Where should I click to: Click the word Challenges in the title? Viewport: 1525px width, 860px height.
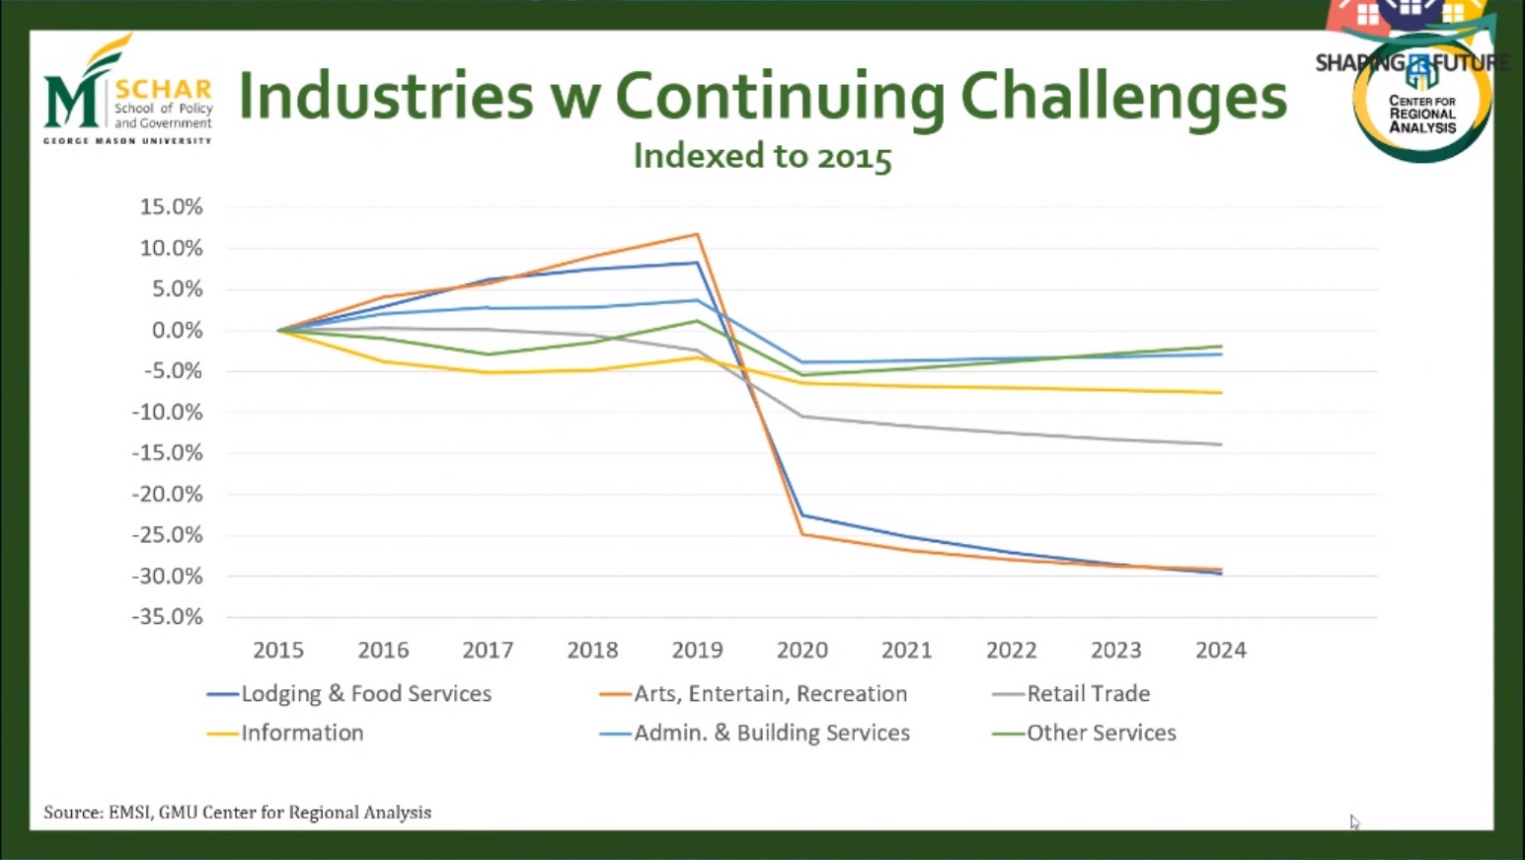(x=1123, y=98)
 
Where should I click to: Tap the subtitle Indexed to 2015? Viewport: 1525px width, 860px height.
(x=762, y=156)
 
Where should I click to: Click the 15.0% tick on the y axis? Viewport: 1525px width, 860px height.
(x=171, y=207)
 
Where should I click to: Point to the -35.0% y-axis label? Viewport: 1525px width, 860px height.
(x=167, y=617)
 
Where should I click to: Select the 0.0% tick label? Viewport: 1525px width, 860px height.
(x=177, y=331)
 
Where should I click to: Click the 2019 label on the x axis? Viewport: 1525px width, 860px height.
(x=697, y=651)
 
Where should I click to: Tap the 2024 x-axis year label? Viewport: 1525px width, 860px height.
(x=1220, y=651)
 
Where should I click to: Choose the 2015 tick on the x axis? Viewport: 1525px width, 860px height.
(x=278, y=651)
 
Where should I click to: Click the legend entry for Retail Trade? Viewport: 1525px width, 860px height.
(x=1088, y=694)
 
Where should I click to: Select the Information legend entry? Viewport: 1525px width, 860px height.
(x=302, y=734)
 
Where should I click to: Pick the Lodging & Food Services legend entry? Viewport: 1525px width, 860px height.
(x=365, y=694)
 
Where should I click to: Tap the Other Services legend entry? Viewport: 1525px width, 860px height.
(x=1101, y=734)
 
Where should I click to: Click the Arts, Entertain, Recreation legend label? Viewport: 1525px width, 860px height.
(x=770, y=694)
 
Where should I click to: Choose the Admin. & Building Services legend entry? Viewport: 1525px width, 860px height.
(x=771, y=734)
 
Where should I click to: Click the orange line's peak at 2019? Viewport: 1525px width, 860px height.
(x=697, y=234)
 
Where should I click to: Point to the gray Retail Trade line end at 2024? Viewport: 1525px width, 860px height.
(x=1221, y=444)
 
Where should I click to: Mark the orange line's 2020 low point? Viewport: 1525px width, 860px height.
(x=802, y=534)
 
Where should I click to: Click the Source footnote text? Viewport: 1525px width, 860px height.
(x=237, y=813)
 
